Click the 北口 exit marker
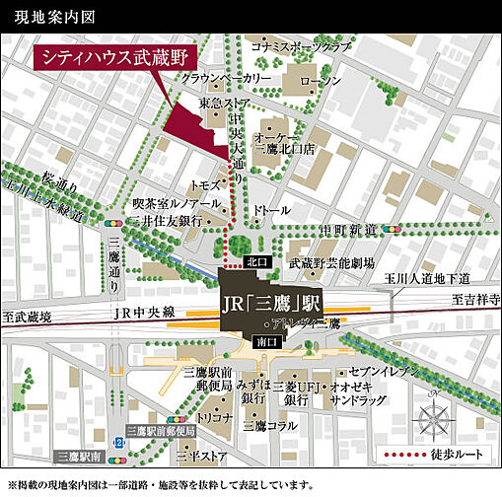tap(255, 263)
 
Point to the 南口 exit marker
tap(265, 340)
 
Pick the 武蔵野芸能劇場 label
tap(330, 264)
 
